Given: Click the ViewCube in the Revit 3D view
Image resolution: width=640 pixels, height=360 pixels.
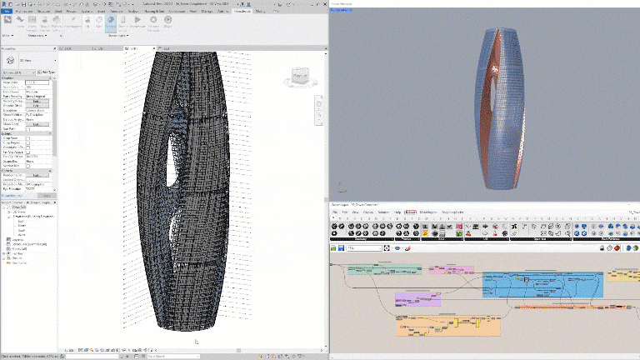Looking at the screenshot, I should tap(299, 77).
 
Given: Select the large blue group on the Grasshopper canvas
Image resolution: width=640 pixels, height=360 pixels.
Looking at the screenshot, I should tap(542, 284).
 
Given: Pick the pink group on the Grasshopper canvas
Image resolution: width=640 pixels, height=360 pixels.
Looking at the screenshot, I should tap(450, 270).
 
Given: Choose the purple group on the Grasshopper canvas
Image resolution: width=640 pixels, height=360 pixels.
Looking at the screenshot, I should tap(417, 298).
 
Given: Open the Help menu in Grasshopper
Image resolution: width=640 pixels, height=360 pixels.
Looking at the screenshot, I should tap(397, 212).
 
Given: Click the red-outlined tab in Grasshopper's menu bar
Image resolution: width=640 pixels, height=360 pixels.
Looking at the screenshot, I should tap(411, 212).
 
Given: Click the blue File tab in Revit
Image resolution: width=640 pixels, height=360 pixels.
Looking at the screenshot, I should tap(6, 12).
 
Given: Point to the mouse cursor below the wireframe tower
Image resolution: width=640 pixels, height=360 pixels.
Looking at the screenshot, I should tap(196, 341).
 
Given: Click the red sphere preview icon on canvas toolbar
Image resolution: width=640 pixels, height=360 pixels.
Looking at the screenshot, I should tap(409, 248).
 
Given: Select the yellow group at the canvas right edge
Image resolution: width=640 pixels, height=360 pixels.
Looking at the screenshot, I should tap(623, 274).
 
